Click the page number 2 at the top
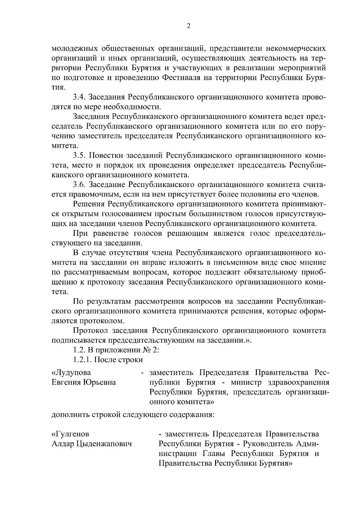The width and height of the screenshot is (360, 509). coord(188,26)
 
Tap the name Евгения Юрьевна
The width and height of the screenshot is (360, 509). coord(84,382)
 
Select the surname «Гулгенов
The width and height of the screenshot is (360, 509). coord(70,434)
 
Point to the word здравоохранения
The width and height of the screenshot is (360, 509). coord(297,382)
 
